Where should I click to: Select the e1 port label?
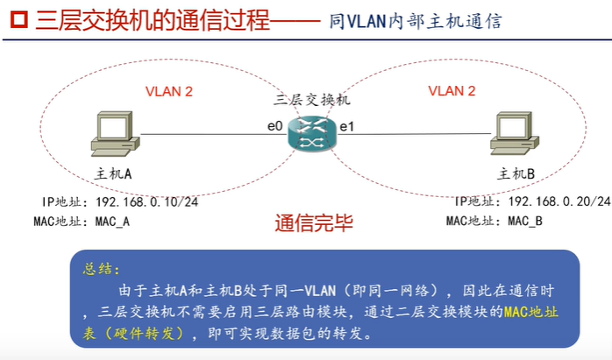point(346,126)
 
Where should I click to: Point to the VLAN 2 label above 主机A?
point(168,90)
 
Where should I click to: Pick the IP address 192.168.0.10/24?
point(146,201)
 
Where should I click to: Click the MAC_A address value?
point(111,222)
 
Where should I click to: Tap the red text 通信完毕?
point(313,223)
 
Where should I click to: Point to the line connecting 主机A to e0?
point(202,134)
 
